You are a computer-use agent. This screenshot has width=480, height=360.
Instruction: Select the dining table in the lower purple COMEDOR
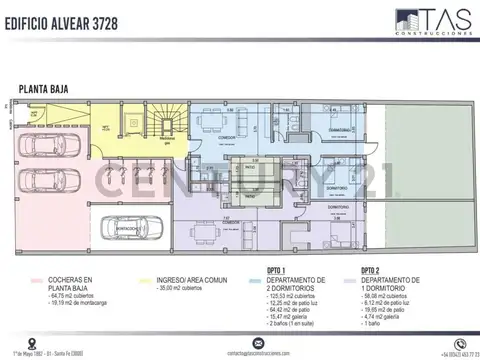tap(206, 235)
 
